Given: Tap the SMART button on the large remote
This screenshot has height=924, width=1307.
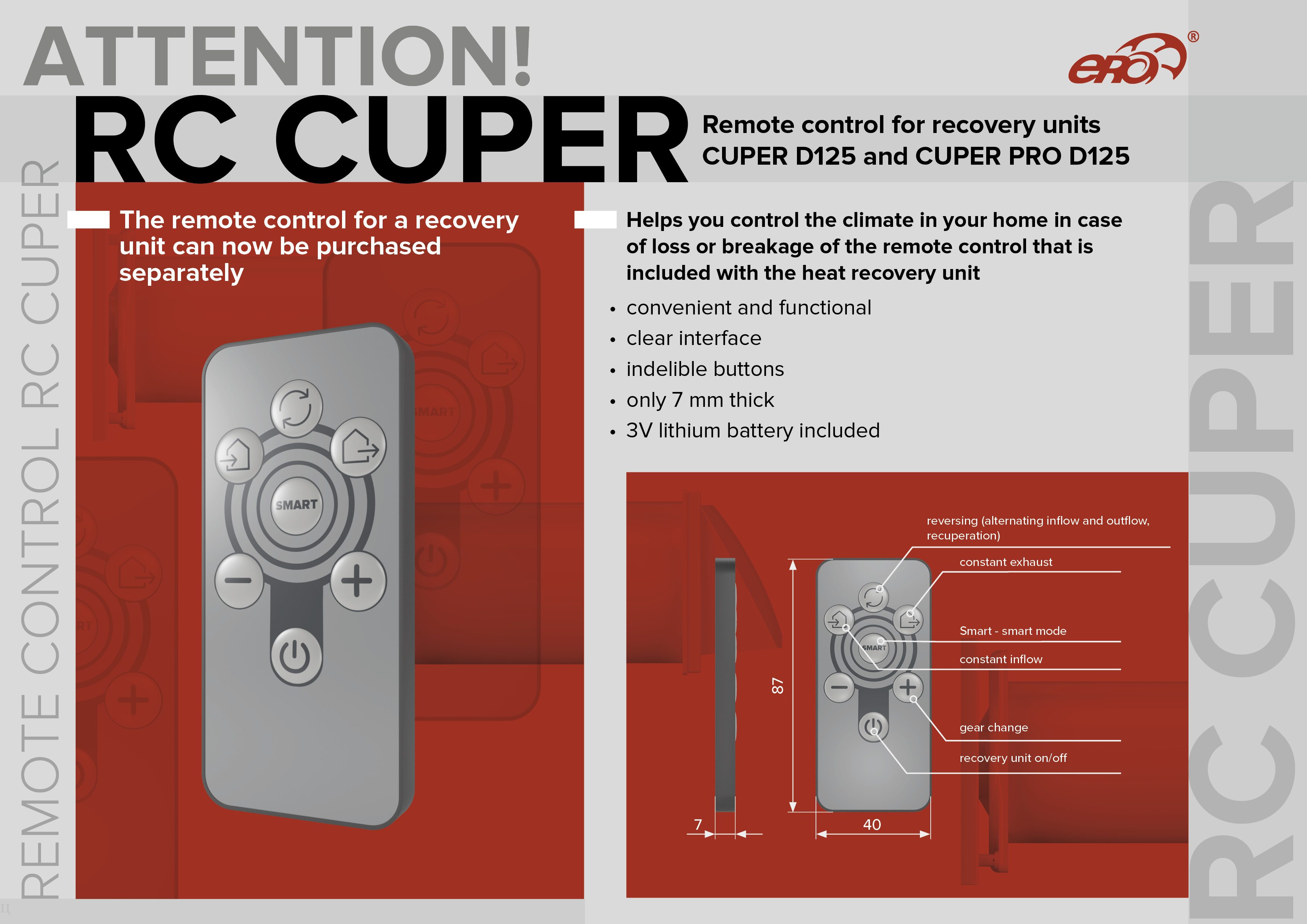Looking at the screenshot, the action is click(x=296, y=505).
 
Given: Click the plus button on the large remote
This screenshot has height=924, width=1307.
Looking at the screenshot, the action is click(x=358, y=581).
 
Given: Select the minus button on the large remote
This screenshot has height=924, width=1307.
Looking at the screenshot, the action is click(x=238, y=581).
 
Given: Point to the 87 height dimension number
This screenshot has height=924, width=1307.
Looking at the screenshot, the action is click(x=778, y=686).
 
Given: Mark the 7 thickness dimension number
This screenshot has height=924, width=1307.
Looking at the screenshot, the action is click(x=698, y=825).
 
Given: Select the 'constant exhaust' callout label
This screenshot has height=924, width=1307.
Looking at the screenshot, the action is click(x=1006, y=562).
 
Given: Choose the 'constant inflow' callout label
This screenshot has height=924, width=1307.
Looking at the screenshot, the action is click(x=1001, y=659).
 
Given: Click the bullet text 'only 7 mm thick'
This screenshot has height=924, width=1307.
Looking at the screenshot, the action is click(x=700, y=400).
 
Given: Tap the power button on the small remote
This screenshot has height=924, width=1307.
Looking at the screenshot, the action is click(x=873, y=727).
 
